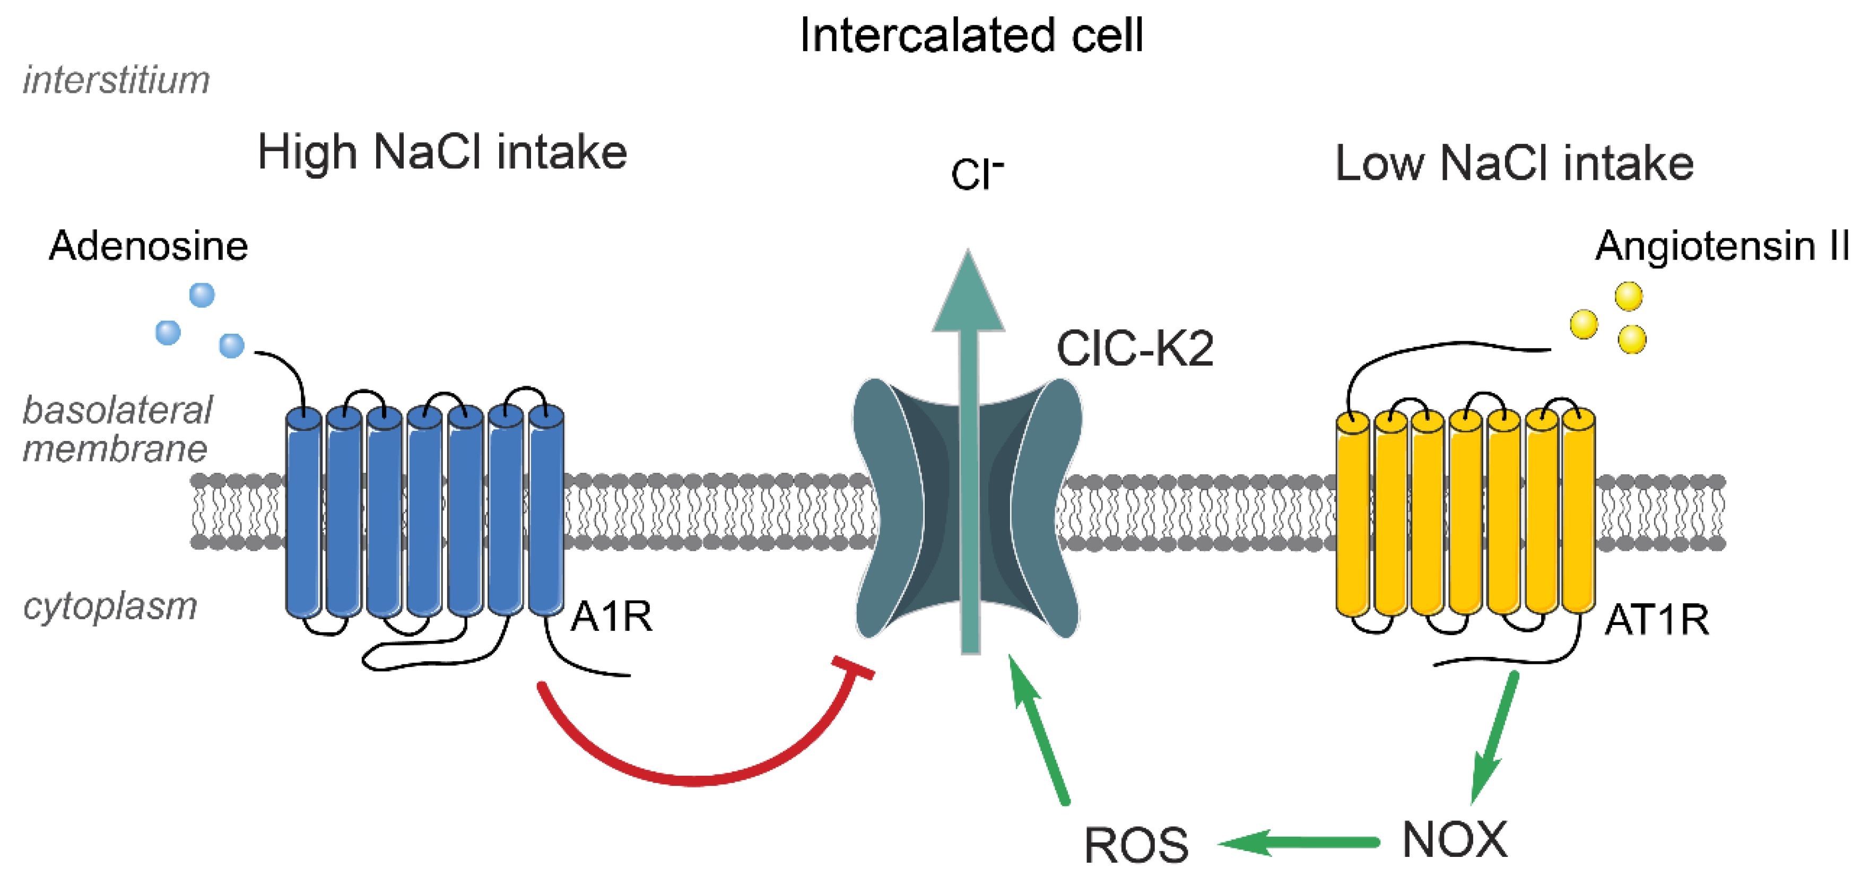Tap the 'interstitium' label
pos(116,80)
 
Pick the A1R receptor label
pos(611,617)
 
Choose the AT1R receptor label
pos(1656,620)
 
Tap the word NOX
pos(1454,840)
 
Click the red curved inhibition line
pos(693,779)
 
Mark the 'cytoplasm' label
pos(110,606)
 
